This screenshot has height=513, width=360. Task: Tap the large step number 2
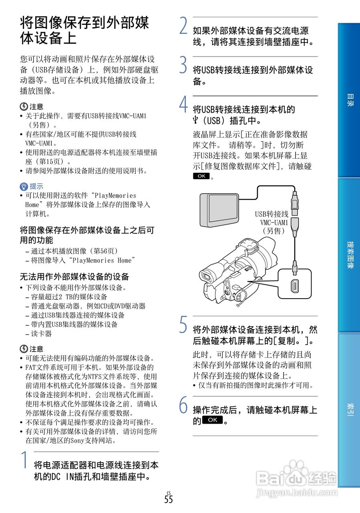click(x=183, y=26)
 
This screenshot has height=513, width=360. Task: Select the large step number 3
click(x=183, y=65)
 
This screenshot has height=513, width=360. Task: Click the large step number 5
click(x=183, y=325)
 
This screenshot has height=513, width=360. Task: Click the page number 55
click(x=169, y=499)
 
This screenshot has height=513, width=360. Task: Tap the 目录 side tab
click(x=349, y=100)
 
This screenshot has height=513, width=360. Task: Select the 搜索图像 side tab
click(x=349, y=255)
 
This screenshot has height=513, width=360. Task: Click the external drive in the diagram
click(x=219, y=210)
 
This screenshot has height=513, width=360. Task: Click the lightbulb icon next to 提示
click(x=24, y=186)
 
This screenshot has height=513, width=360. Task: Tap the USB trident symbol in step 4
click(x=196, y=120)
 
